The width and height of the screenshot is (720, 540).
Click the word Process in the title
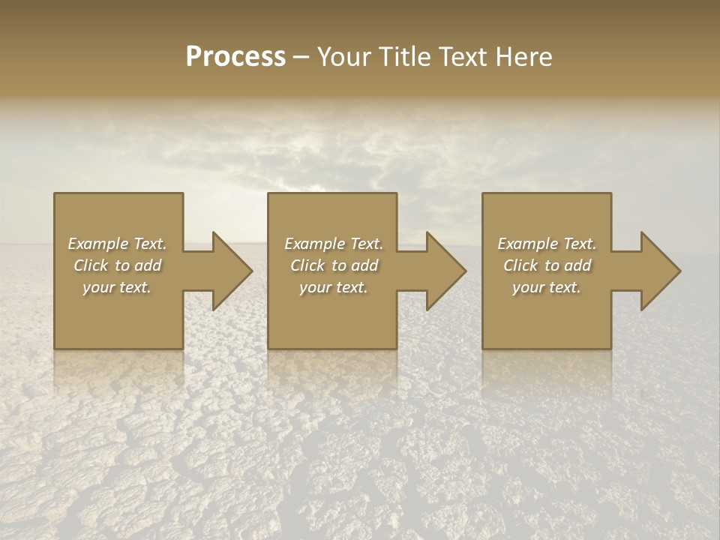click(235, 57)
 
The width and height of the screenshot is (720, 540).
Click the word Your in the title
click(343, 57)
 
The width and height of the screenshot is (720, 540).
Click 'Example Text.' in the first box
click(117, 244)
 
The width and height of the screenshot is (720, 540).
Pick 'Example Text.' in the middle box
click(333, 244)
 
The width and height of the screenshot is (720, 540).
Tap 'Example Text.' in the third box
click(546, 244)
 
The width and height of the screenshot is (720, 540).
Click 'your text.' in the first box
click(117, 287)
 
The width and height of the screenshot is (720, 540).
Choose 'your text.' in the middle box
click(333, 287)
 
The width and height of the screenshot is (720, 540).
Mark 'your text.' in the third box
click(546, 287)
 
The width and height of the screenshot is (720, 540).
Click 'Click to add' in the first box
click(117, 265)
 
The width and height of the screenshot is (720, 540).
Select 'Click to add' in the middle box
click(333, 265)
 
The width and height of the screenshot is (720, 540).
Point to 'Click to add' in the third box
click(546, 265)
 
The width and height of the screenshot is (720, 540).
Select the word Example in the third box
click(527, 244)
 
